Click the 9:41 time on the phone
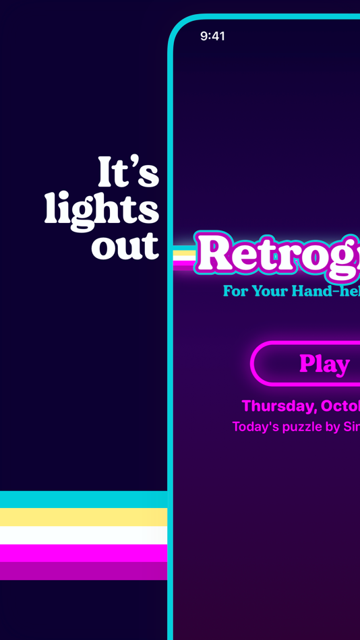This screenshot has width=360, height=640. tap(212, 36)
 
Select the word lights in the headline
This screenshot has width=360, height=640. tap(102, 210)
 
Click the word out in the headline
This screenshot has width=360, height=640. tap(125, 246)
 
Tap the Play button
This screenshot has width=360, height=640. tap(324, 364)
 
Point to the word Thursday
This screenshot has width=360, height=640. tap(277, 406)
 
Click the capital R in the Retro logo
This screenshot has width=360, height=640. tap(214, 255)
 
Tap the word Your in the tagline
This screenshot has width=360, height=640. tap(274, 291)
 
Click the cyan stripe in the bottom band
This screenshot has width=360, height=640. tap(84, 499)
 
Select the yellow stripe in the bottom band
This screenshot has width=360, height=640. tap(84, 517)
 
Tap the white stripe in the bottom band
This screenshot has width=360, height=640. tap(84, 535)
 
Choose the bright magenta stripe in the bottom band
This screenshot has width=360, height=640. tap(84, 552)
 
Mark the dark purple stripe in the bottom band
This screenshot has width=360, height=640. tap(84, 571)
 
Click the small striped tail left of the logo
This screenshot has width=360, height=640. tap(183, 258)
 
